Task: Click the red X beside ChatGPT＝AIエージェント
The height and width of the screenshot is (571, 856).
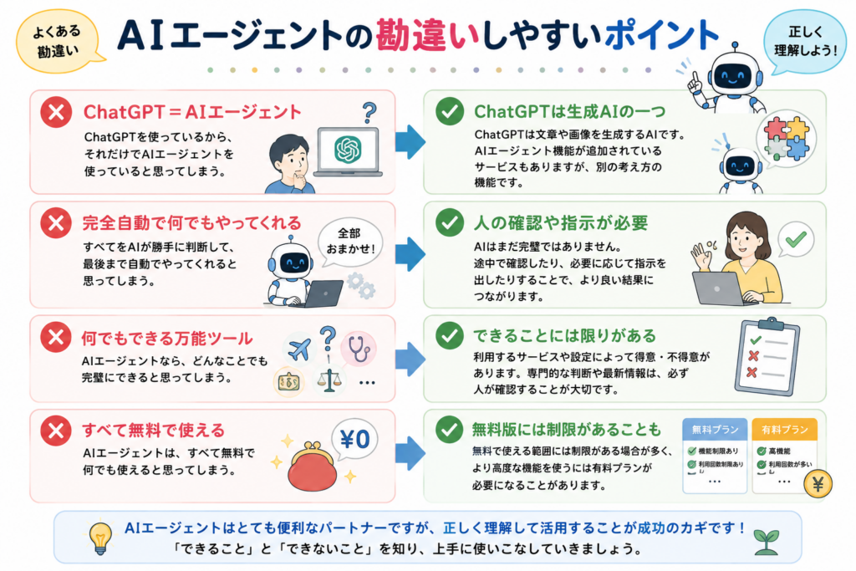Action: point(56,112)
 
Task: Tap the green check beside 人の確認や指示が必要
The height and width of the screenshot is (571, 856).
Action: point(450,222)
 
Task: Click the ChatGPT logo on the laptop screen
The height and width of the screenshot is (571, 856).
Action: point(349,149)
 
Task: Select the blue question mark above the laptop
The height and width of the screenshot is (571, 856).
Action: point(369,113)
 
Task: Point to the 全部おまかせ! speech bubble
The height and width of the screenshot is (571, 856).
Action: point(350,242)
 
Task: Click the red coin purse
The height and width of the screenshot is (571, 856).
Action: point(313,466)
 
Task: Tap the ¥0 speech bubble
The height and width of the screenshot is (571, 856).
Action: point(354,440)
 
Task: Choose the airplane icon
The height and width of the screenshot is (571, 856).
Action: point(298,349)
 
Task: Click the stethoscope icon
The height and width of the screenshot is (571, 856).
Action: point(359,349)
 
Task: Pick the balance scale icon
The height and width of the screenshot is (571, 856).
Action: point(329,380)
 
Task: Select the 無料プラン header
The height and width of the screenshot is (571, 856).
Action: point(716,429)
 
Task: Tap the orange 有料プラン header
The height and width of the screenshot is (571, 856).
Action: point(784,429)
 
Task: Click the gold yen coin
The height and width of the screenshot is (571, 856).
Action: point(818,484)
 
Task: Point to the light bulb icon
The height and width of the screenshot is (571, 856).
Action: point(100,538)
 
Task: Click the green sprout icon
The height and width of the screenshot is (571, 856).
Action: point(766,542)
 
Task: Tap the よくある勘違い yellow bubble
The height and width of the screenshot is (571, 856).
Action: point(58,42)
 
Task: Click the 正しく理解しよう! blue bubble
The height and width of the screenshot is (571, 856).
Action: point(805,42)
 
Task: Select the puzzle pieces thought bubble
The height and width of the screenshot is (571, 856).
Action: point(786,139)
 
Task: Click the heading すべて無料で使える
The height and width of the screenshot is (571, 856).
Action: point(154,431)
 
